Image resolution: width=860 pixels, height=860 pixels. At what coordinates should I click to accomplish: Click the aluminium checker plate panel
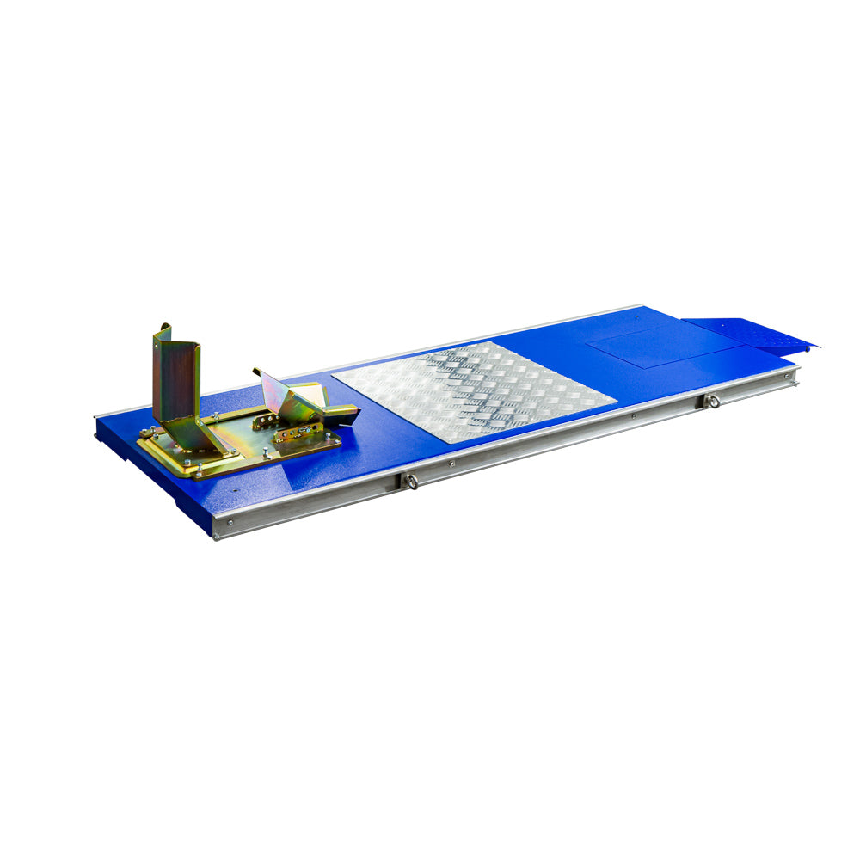point(473,391)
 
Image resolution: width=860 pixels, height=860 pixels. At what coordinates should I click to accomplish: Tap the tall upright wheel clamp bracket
point(177,378)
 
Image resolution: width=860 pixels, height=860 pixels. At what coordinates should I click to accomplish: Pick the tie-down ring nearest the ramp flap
point(712,401)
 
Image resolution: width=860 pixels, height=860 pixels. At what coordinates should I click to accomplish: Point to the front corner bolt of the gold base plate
point(199,470)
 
